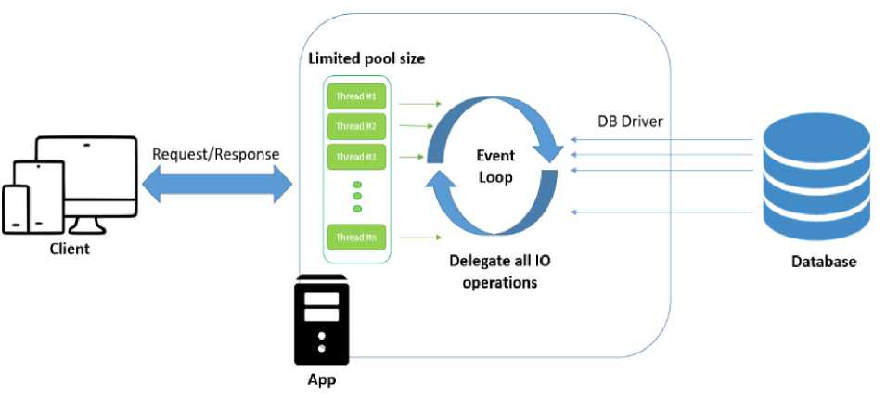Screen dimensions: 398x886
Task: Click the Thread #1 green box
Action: click(x=356, y=96)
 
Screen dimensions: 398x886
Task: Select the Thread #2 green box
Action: click(x=356, y=126)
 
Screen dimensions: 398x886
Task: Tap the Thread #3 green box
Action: click(x=356, y=156)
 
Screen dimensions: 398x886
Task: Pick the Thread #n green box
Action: click(x=356, y=238)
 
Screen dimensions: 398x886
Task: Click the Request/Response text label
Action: click(x=216, y=153)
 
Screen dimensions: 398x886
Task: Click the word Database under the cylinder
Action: click(x=823, y=263)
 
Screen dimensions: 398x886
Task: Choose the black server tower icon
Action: click(x=321, y=321)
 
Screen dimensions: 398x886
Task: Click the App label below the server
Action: click(x=321, y=380)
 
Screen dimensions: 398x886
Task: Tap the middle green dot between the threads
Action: click(x=357, y=197)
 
